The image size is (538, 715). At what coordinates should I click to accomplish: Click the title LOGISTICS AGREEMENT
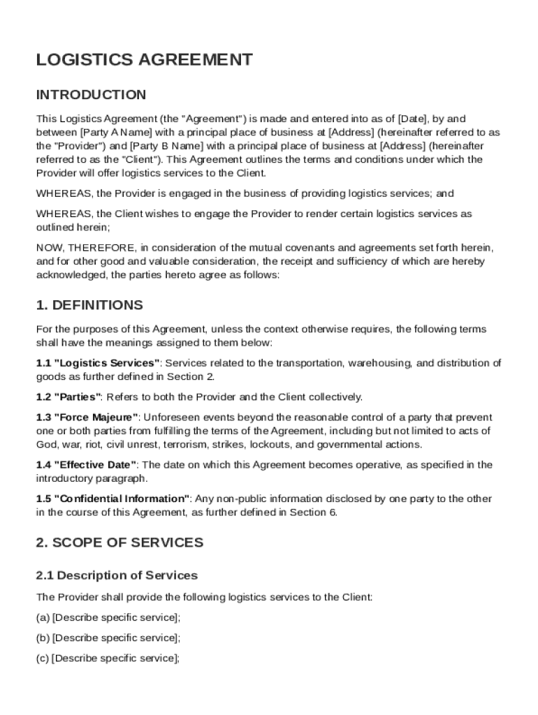pos(144,60)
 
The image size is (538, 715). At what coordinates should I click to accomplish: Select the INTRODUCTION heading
pos(91,95)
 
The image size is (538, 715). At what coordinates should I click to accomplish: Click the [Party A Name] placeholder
pos(114,132)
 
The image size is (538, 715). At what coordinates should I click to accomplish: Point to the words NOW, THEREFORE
pos(86,248)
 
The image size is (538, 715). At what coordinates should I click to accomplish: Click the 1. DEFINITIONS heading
pos(89,305)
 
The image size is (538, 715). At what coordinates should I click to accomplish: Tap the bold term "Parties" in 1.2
pos(78,397)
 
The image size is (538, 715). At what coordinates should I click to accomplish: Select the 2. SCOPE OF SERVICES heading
pos(119,543)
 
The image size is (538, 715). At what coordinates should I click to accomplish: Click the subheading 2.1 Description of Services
pos(117,576)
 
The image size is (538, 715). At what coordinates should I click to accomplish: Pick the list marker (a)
pos(43,617)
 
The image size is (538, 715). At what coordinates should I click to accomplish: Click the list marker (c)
pos(43,658)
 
